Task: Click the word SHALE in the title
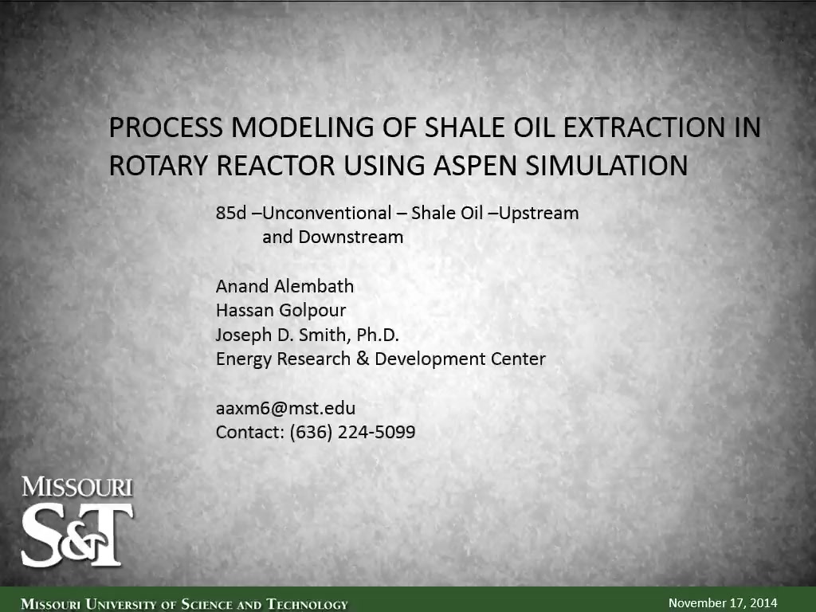(465, 127)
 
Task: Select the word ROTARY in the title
(159, 166)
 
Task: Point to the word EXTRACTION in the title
(644, 127)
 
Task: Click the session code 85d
(231, 213)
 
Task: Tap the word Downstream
(351, 237)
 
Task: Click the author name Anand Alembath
(284, 286)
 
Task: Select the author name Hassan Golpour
(281, 311)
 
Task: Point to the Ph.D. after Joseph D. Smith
(377, 335)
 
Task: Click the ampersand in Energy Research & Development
(363, 359)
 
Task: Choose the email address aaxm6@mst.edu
(286, 408)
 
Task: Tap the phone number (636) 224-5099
(352, 432)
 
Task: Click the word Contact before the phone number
(249, 432)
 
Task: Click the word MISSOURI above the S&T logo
(77, 487)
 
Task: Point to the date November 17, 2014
(723, 603)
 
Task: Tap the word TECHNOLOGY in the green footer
(307, 604)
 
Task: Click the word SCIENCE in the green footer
(206, 604)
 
